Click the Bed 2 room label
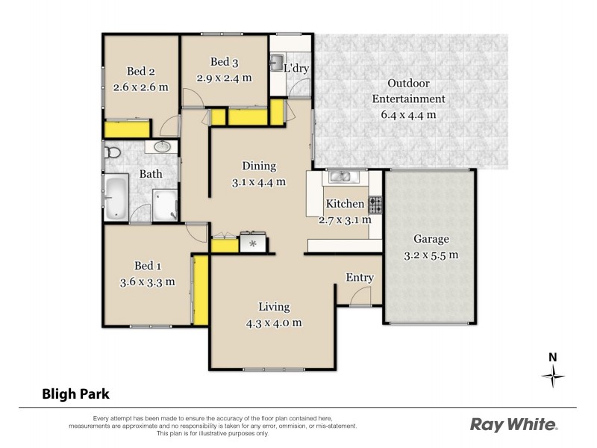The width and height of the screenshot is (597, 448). coord(140,72)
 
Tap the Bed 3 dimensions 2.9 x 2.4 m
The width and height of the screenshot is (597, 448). coord(224,77)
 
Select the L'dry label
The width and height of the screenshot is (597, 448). coord(296,69)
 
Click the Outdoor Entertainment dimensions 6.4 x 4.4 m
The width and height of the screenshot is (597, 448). coord(409,114)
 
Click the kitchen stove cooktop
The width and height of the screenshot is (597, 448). coord(375,203)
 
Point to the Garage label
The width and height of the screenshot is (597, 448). coord(431,240)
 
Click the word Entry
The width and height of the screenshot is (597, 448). coord(359,278)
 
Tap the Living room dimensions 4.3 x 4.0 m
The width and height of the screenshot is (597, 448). coord(274,323)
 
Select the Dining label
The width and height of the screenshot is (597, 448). coord(259,166)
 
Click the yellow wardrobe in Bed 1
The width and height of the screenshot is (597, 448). coord(199,290)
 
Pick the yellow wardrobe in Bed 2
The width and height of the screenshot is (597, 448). coord(125,131)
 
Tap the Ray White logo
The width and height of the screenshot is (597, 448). coord(513,425)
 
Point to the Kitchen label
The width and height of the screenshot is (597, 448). coord(344,204)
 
